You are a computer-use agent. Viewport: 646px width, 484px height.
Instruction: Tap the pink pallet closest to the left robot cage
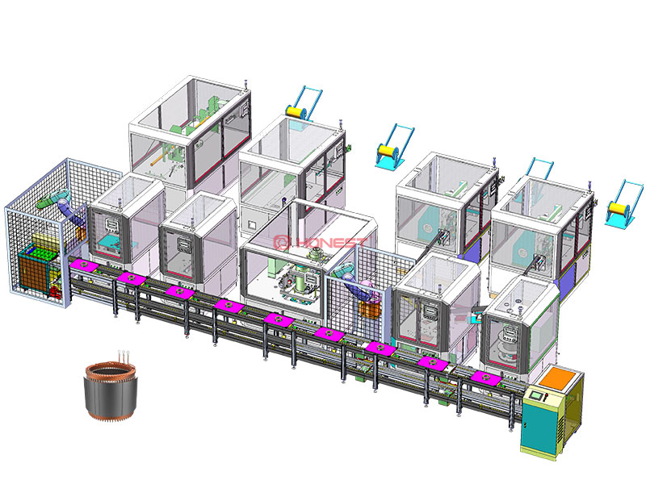[83, 265]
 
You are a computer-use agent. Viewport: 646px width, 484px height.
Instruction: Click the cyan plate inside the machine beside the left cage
[104, 245]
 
